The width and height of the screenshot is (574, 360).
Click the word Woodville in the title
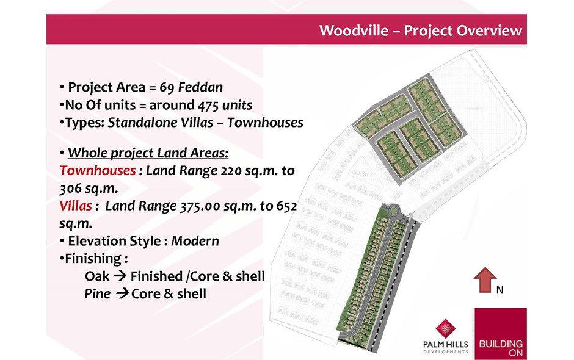pos(354,31)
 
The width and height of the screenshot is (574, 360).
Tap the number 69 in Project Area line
pos(167,87)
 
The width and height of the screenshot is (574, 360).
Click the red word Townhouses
pos(98,170)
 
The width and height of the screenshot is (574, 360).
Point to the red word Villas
pos(75,206)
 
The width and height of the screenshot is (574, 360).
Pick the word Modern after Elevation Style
pos(195,241)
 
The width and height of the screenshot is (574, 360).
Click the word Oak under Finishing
pos(97,276)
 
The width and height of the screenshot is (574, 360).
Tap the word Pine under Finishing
pos(97,293)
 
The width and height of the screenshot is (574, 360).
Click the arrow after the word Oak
pos(120,275)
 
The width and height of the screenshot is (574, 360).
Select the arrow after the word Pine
pos(123,293)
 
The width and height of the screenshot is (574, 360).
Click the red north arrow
pos(485,280)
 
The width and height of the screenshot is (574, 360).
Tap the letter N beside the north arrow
pos(500,290)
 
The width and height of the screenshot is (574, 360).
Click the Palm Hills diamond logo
pos(446,328)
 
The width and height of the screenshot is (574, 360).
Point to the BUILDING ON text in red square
pos(501,348)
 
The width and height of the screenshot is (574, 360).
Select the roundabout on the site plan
pos(394,211)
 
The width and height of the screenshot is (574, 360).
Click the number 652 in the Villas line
pos(286,206)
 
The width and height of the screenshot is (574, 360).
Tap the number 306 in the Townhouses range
pos(70,188)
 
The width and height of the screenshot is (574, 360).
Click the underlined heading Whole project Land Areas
pos(148,153)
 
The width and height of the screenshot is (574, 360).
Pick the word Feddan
pos(201,87)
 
